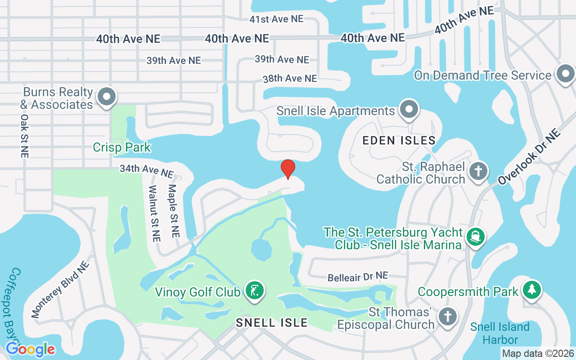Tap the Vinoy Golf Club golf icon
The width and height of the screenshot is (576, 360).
coord(255,291)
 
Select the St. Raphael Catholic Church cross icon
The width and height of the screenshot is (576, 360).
coord(478,172)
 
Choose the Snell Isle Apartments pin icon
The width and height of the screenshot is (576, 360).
coord(409,110)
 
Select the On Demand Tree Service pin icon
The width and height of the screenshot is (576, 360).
coord(565,74)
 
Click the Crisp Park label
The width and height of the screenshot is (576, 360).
coord(121,147)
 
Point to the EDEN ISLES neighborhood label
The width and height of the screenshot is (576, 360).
coord(399,140)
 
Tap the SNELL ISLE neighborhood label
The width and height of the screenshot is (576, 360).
coord(272,322)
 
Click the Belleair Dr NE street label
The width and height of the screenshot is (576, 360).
coord(358,276)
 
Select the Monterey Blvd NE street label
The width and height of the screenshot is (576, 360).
coord(60,289)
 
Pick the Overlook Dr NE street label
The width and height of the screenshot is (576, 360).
coord(530,156)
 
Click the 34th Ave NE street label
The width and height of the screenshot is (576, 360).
coord(146,171)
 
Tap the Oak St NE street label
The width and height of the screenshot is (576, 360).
coord(24,135)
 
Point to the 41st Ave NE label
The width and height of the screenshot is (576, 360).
coord(276,19)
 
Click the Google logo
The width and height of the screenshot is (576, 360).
coord(30,349)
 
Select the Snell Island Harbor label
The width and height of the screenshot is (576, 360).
coord(500,333)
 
